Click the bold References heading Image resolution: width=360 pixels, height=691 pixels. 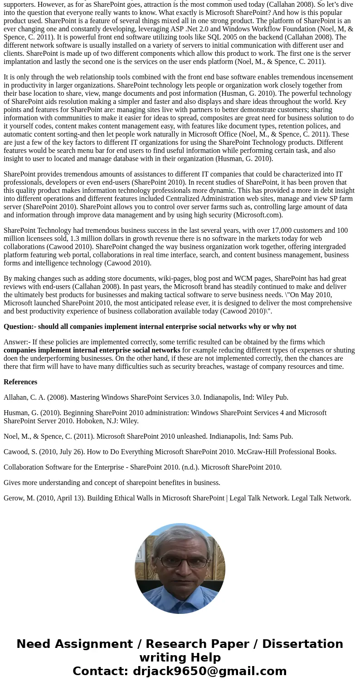pyautogui.click(x=20, y=382)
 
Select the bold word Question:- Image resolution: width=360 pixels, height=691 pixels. pyautogui.click(x=19, y=327)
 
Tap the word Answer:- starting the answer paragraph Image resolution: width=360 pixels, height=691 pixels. pyautogui.click(x=17, y=342)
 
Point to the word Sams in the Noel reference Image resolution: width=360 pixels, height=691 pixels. pyautogui.click(x=270, y=436)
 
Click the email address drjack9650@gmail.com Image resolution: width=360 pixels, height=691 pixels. pyautogui.click(x=209, y=671)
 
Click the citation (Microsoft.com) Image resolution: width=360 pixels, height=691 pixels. pyautogui.click(x=258, y=215)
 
